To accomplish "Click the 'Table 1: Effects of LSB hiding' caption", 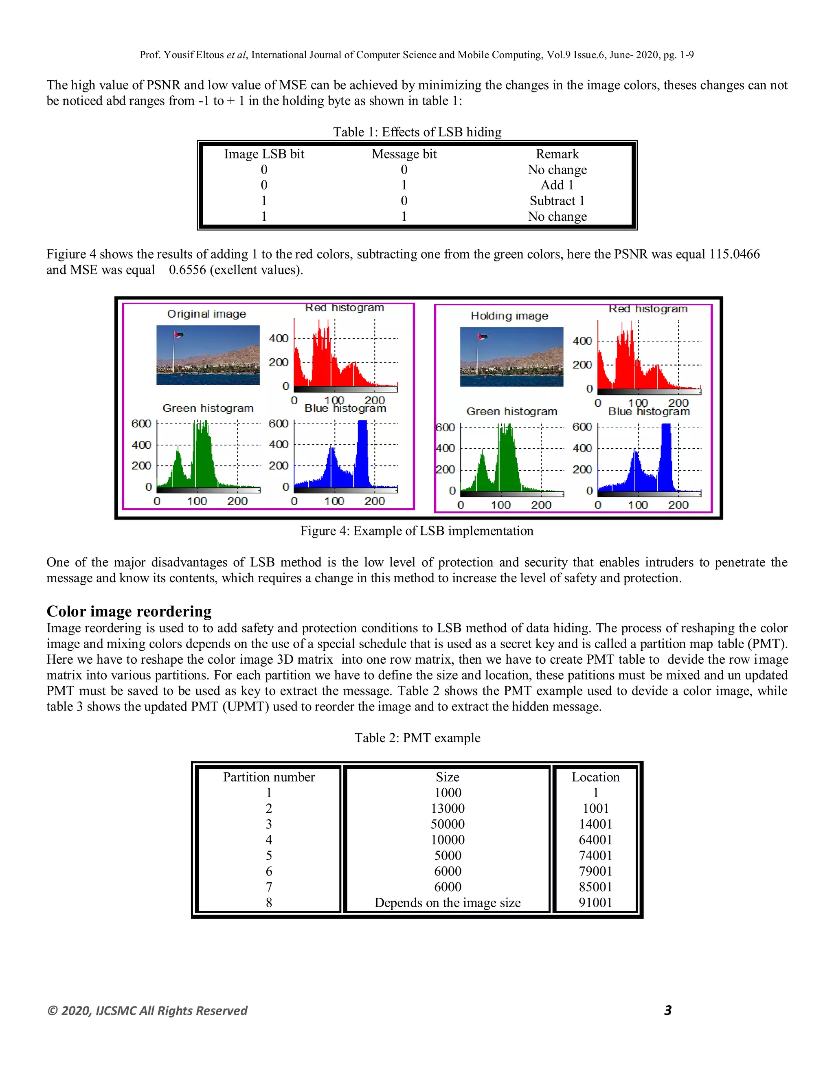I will click(417, 132).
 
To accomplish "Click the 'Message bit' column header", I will click(404, 154).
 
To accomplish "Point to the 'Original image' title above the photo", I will click(206, 314).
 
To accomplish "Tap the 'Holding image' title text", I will click(509, 316).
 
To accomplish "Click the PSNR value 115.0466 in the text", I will click(734, 254).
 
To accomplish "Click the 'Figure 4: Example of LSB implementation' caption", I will click(417, 531).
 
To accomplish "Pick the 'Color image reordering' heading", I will click(129, 612).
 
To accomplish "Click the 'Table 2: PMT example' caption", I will click(417, 738).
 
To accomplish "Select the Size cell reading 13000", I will click(447, 809).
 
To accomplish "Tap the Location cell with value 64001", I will click(595, 840).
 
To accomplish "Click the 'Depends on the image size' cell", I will click(447, 903).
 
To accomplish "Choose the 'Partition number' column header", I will click(269, 777).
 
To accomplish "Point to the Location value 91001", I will click(595, 903).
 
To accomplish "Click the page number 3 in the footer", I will click(667, 1010).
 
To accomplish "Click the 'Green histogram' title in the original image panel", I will click(208, 408).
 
